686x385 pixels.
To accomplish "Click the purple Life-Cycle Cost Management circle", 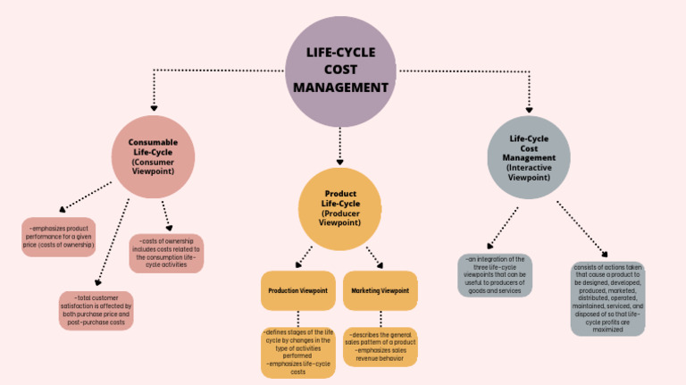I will tap(340, 71).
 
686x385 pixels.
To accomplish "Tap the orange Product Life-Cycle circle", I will tap(339, 209).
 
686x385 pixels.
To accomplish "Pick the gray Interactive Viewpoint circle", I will tap(529, 156).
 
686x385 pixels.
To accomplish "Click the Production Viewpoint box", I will tap(298, 291).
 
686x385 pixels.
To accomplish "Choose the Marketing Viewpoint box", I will tap(381, 291).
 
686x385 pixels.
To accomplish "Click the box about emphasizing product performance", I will tap(58, 237).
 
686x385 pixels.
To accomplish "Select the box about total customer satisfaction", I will tap(96, 310).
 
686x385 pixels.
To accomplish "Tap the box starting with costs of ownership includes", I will tap(166, 253).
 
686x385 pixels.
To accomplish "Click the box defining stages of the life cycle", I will tap(297, 352).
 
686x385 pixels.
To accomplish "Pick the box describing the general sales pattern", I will tap(381, 347).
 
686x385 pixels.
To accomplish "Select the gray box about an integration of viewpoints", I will tap(494, 275).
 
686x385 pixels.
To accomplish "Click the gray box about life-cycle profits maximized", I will tap(607, 298).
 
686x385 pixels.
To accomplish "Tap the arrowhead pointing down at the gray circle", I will tap(529, 107).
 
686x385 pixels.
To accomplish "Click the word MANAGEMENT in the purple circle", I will tap(340, 88).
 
